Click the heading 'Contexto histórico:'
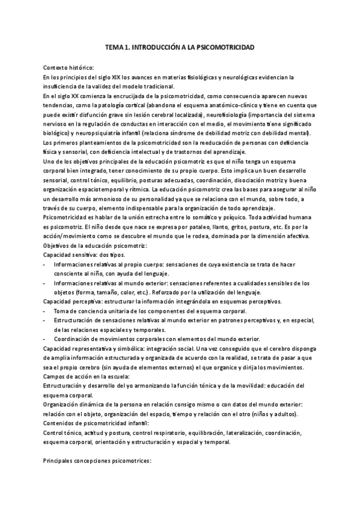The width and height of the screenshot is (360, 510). coord(68,67)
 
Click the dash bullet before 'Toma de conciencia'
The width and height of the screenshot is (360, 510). coord(46,311)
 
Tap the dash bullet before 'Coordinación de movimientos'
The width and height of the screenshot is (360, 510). coord(46,339)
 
